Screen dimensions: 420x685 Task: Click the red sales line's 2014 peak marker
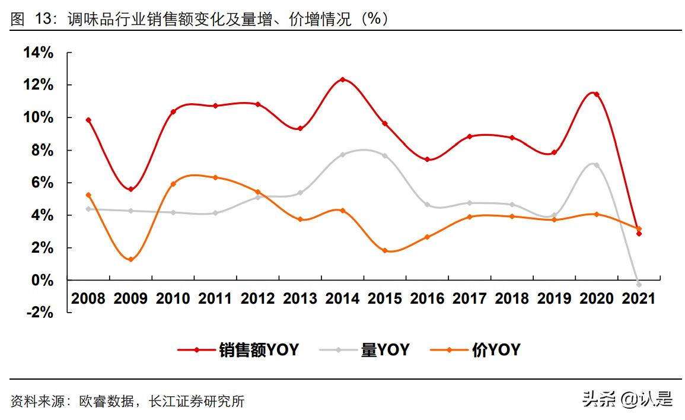[342, 79]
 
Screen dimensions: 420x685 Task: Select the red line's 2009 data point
[130, 189]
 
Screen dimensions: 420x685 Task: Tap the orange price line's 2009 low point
[130, 259]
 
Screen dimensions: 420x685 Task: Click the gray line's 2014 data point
[342, 154]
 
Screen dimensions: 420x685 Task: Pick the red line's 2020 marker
[596, 94]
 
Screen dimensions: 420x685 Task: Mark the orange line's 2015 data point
[384, 250]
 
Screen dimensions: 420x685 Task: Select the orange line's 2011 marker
[215, 177]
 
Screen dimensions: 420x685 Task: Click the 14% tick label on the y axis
[39, 53]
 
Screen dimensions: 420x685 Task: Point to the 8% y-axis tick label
[43, 150]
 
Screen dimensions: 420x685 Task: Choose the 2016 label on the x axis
[427, 298]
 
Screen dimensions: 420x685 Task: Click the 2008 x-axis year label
[88, 298]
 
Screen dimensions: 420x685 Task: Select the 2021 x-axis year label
[639, 298]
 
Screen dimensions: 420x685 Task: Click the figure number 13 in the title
[41, 20]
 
